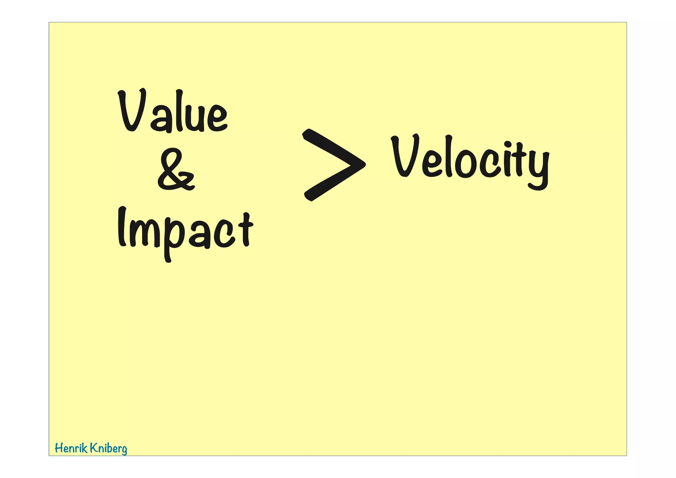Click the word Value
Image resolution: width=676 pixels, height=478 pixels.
click(x=173, y=111)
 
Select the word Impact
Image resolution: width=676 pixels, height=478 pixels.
click(x=185, y=231)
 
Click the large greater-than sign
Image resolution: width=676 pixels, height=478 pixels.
click(x=333, y=165)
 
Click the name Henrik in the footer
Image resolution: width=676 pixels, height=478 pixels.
click(x=71, y=448)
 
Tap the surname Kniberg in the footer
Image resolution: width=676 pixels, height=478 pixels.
click(x=109, y=449)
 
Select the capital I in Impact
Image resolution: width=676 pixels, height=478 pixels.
click(x=122, y=227)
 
